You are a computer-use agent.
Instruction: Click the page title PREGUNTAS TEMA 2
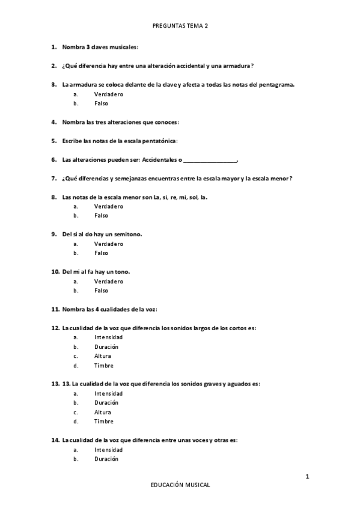click(180, 26)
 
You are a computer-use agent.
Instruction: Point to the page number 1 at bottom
click(307, 477)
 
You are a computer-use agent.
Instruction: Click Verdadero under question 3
click(108, 94)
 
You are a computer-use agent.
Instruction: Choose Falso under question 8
click(101, 215)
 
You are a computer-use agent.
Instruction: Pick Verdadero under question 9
click(108, 244)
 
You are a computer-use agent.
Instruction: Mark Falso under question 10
click(101, 290)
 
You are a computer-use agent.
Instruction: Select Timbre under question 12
click(103, 366)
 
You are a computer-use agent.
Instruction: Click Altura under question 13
click(103, 412)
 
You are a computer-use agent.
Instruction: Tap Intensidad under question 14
click(108, 450)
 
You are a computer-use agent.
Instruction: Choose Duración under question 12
click(106, 347)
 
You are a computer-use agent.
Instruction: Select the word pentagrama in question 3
click(277, 84)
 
